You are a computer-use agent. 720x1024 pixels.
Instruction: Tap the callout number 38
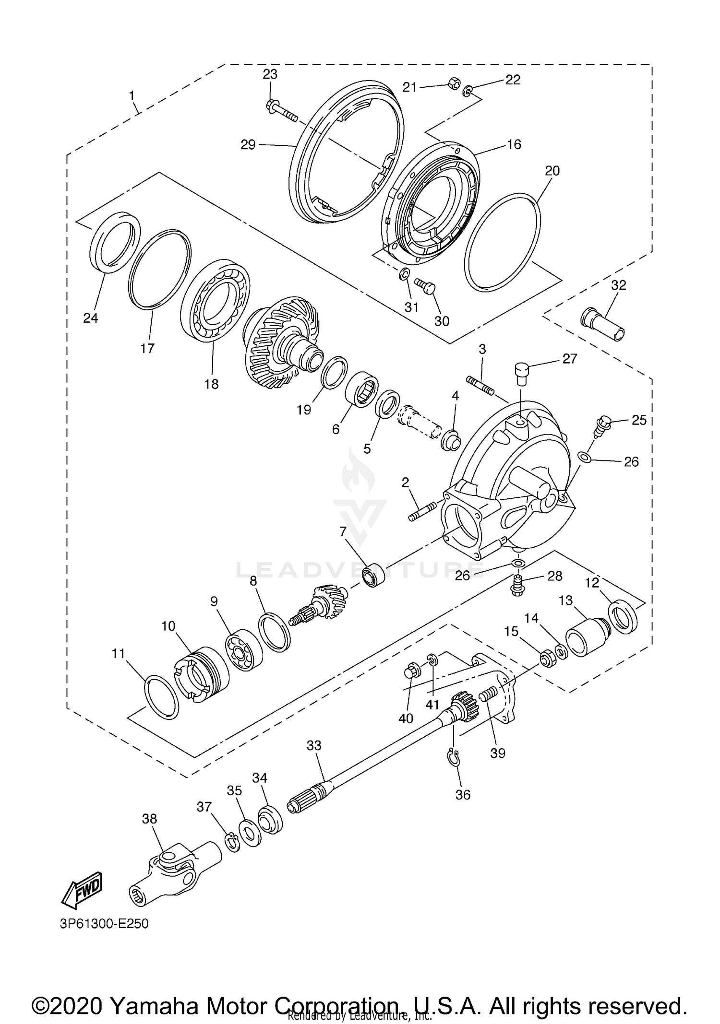149,819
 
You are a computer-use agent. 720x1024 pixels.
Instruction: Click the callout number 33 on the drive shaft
314,745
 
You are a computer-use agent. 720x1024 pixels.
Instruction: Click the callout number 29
248,144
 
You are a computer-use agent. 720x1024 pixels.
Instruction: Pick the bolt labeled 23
281,110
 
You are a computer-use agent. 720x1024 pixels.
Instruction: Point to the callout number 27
570,359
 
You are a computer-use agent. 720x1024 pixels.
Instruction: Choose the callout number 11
118,654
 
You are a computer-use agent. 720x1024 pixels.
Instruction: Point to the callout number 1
132,96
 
